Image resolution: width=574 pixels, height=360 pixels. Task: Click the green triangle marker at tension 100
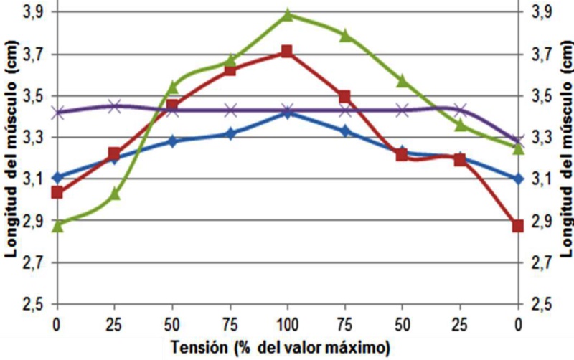287,14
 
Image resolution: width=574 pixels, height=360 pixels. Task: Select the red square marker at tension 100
287,52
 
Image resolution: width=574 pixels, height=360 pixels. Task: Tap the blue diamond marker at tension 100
287,113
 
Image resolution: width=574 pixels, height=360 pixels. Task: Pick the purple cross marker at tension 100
287,110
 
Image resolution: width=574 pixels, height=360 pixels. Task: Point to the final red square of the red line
517,226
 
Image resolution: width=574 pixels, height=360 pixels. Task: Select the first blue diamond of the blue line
58,177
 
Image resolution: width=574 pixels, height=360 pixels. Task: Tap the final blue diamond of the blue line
517,178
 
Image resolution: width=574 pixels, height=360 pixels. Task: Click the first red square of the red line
58,192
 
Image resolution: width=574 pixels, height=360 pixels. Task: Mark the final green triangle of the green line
517,148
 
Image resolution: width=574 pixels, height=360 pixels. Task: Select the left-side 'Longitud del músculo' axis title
11,154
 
